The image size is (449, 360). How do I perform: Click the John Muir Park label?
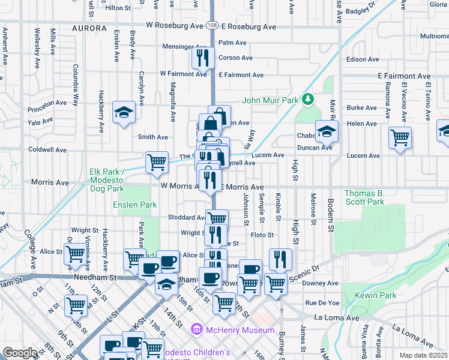(270, 101)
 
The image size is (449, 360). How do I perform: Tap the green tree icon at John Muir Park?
(308, 98)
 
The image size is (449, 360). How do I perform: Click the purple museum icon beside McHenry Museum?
(195, 329)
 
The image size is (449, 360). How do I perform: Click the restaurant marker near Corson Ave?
(202, 58)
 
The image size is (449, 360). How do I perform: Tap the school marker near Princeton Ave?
(124, 112)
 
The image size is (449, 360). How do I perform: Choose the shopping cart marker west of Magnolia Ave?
(157, 162)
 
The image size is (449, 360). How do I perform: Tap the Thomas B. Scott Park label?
(372, 197)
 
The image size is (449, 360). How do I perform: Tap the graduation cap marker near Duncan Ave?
(327, 131)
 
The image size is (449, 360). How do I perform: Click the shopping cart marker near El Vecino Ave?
(400, 138)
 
